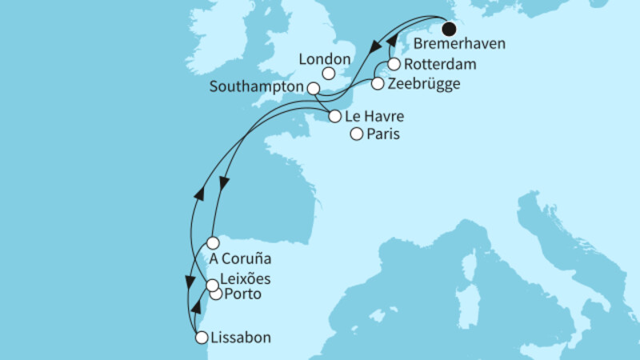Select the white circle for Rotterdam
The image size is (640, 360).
coord(394,65)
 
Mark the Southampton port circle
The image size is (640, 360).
coord(314,88)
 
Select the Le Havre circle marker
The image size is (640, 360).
coord(334,116)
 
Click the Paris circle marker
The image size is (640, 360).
coord(356,134)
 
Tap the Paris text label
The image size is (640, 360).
coord(382,135)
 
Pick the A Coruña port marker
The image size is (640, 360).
coord(212,242)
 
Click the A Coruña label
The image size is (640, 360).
coord(240,259)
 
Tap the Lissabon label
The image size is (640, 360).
coord(241,338)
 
